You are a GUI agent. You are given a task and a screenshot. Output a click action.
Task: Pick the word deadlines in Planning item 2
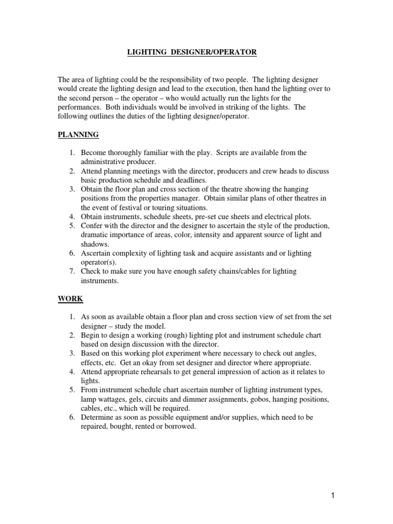(190, 181)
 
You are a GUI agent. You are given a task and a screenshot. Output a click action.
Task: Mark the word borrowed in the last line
(180, 427)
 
